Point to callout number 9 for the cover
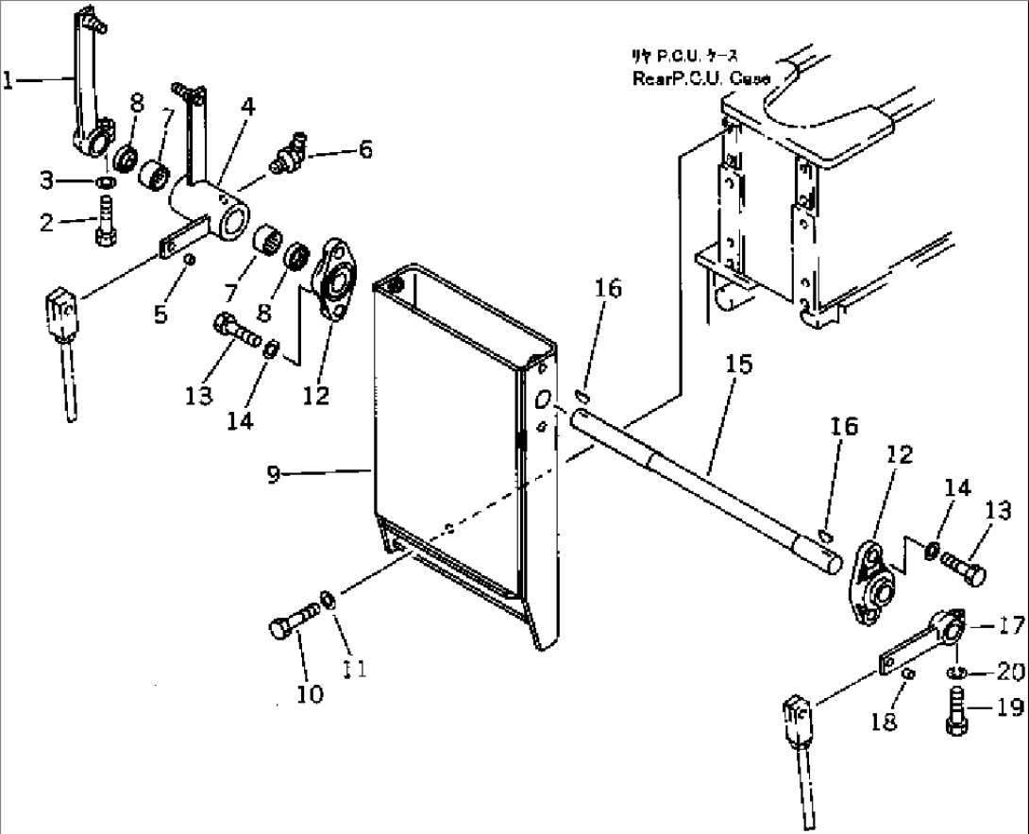(x=273, y=474)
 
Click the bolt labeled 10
(x=290, y=628)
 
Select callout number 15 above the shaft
(x=740, y=365)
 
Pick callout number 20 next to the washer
(x=1006, y=672)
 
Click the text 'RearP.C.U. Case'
(x=701, y=79)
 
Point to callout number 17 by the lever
(x=1007, y=624)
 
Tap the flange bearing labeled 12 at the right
(x=872, y=578)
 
